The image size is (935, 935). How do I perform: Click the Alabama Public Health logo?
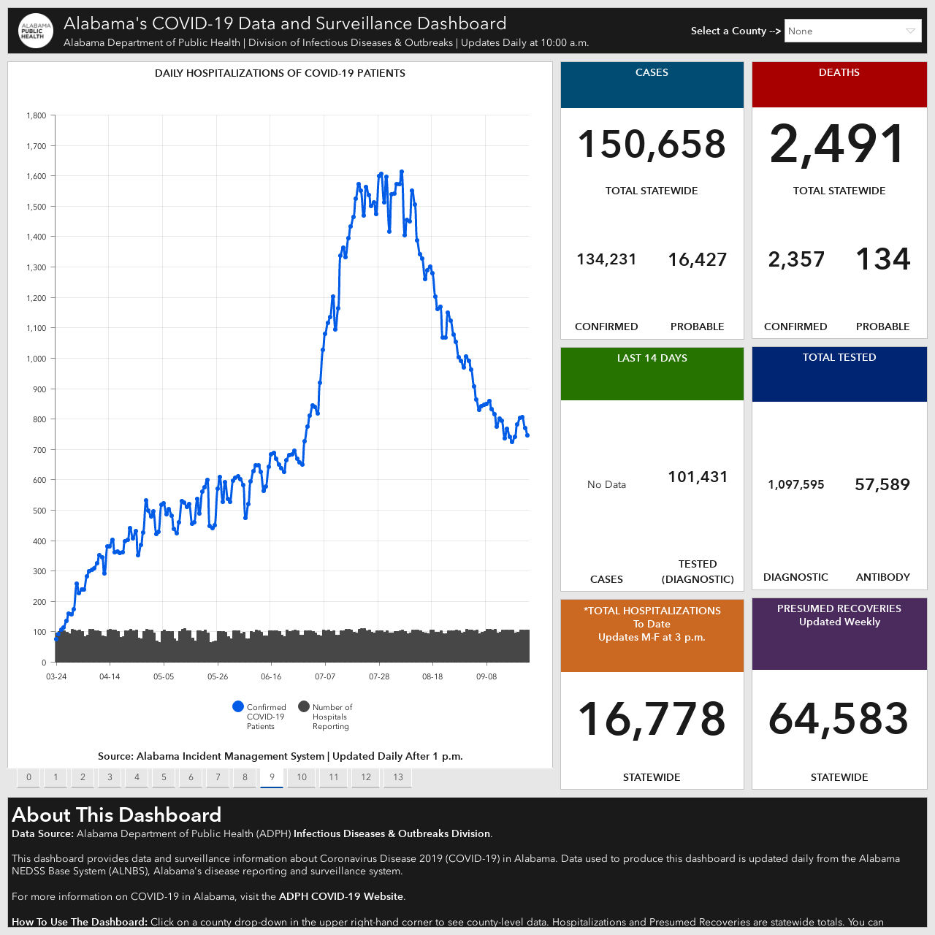(x=35, y=31)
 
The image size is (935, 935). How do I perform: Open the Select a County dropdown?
(x=852, y=31)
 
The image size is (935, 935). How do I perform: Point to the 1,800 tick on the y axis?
(x=37, y=115)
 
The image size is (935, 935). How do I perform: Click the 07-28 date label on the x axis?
(x=379, y=676)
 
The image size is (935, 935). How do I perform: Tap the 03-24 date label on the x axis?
(x=56, y=676)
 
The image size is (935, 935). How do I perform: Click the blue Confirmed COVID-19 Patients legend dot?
(x=237, y=706)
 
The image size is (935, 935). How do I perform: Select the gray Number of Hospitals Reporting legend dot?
(x=304, y=706)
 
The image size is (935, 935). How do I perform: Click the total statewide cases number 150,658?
(x=652, y=145)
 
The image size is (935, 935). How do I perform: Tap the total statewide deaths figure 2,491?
(x=838, y=144)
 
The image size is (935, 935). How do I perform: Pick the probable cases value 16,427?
(x=698, y=259)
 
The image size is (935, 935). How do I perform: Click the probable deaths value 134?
(x=882, y=259)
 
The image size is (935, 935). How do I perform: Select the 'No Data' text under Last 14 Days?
(x=606, y=484)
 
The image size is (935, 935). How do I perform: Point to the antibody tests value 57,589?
(x=882, y=484)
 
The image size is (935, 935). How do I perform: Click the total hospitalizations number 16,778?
(x=652, y=719)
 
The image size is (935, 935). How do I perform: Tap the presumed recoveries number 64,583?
(x=839, y=719)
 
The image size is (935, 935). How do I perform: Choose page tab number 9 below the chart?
(x=272, y=776)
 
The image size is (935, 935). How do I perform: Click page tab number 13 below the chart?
(x=398, y=776)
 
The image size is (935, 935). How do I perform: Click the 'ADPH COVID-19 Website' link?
(x=340, y=896)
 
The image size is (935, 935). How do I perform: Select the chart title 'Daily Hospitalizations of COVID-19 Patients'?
(x=280, y=73)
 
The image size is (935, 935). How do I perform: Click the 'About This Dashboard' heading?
(x=116, y=814)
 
